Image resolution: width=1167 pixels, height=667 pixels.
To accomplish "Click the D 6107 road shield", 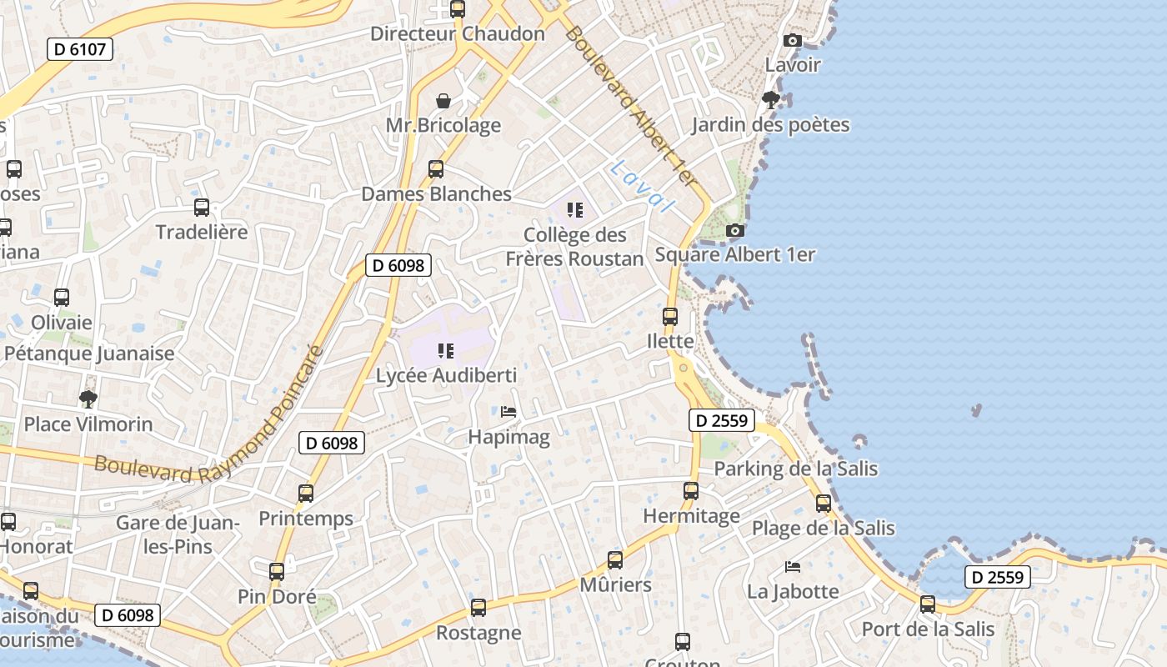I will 80,49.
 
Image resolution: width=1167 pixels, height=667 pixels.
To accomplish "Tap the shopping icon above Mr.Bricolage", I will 443,101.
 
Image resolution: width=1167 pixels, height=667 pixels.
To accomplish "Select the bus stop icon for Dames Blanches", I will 435,169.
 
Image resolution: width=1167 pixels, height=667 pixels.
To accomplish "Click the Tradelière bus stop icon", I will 202,208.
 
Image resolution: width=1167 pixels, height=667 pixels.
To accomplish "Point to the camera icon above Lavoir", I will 793,40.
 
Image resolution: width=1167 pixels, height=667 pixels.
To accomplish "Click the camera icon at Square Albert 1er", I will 734,230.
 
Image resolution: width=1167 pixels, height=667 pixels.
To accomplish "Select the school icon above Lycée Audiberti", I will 446,351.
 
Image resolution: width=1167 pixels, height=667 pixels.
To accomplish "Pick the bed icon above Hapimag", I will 508,412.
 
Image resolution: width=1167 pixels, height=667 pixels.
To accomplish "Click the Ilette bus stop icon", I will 670,317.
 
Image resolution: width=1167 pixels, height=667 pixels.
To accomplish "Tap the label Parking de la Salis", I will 795,469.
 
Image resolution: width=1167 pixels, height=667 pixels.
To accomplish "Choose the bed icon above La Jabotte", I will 793,567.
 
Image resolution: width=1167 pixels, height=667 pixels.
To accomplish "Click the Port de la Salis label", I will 928,629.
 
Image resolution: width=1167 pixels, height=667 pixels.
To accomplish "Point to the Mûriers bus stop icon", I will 615,560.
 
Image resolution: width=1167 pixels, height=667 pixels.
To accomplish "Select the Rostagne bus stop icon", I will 478,608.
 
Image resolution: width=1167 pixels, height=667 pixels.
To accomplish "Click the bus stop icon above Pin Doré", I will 277,572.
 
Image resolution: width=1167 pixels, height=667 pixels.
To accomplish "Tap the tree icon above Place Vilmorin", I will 88,399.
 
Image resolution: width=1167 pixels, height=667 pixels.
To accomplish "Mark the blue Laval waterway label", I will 641,186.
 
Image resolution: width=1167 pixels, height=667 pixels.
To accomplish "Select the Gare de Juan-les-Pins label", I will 178,534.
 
